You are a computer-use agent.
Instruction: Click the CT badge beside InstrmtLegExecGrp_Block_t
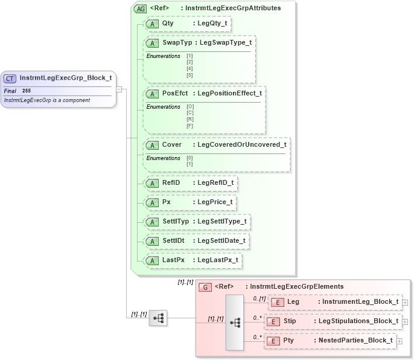pos(10,79)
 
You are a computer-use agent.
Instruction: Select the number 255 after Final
pos(27,91)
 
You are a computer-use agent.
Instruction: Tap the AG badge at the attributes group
pos(140,9)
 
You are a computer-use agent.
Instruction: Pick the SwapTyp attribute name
pos(176,43)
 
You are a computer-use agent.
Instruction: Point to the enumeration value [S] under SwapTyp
pos(189,75)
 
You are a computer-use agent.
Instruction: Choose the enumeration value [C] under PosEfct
pos(190,113)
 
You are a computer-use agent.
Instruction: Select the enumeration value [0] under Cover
pos(189,158)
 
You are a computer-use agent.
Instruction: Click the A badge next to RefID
pos(153,183)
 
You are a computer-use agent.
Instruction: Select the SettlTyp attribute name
pos(176,222)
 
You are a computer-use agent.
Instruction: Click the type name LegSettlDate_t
pos(221,240)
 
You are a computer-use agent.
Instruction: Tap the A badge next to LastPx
pos(153,260)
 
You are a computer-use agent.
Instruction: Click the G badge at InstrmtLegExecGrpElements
pos(205,287)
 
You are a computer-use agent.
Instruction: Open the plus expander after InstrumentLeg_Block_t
pos(405,303)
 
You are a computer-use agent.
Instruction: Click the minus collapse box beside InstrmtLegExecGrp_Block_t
pos(119,89)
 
